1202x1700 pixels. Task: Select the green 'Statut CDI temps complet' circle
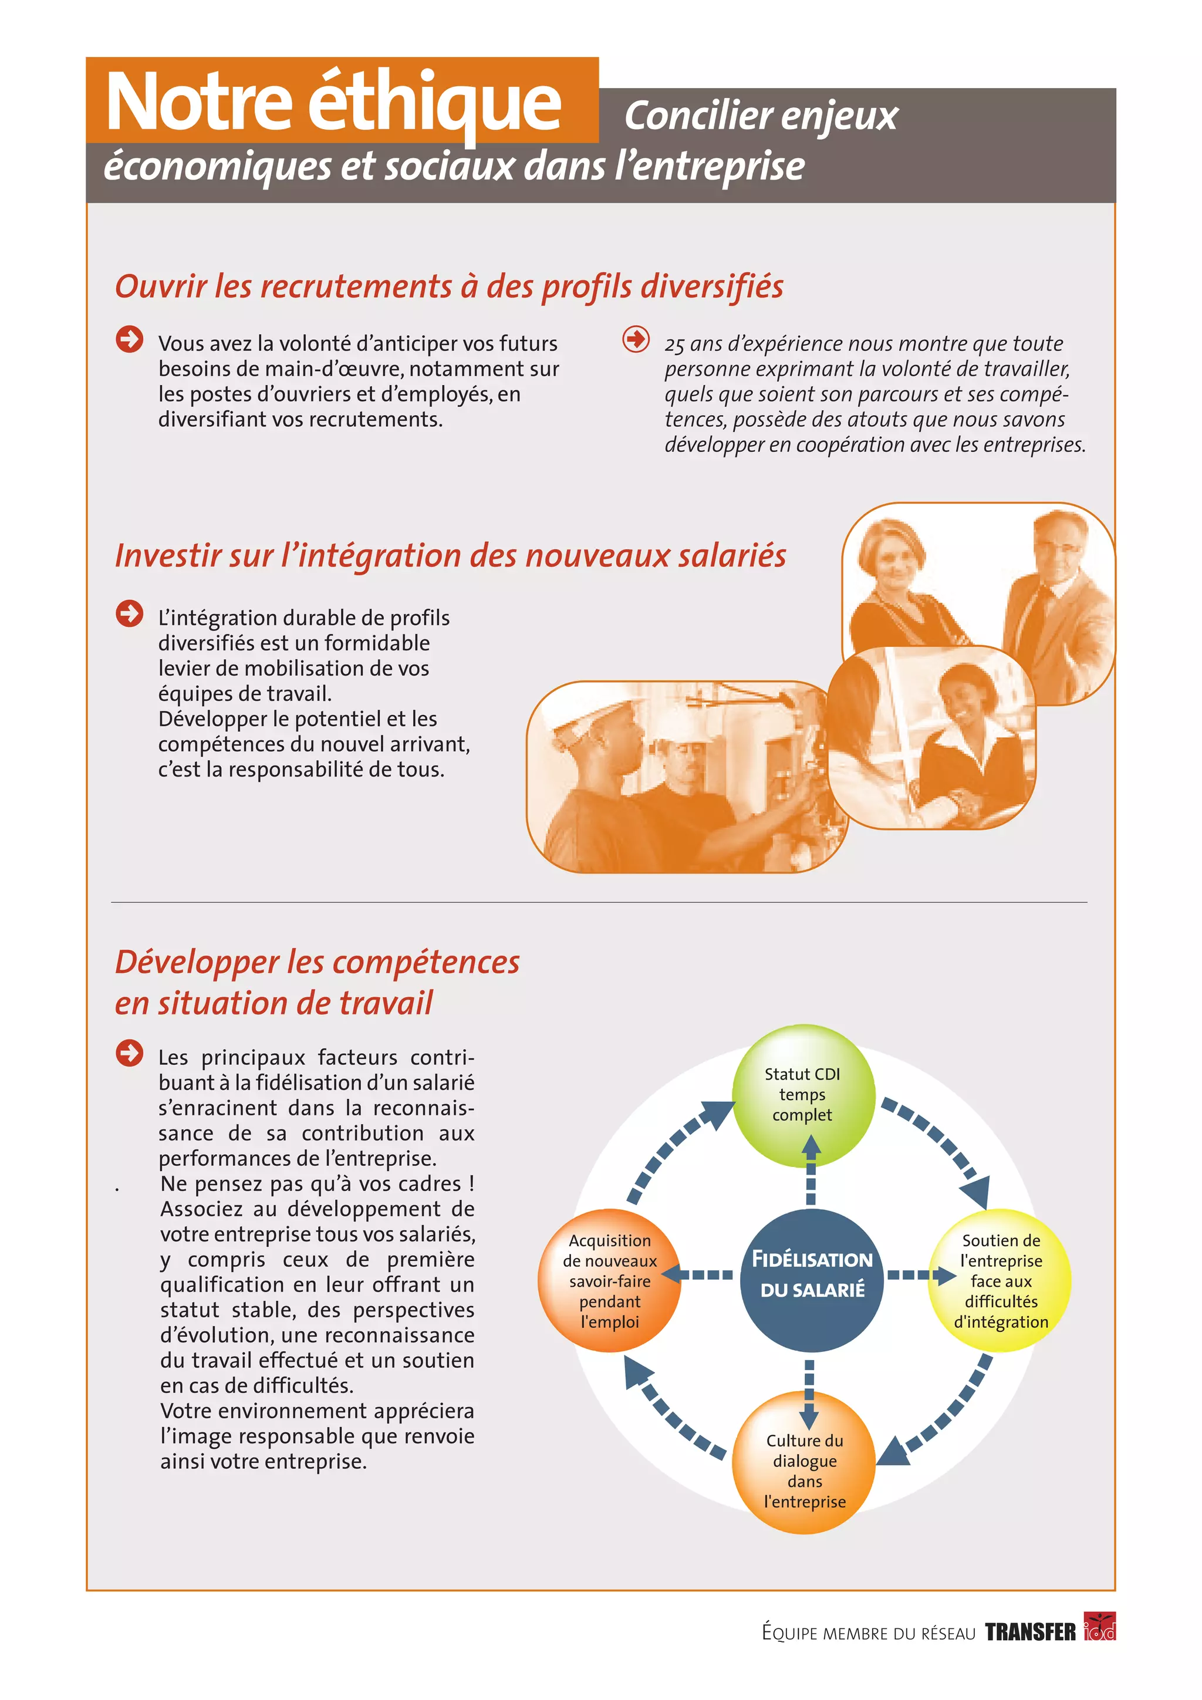pos(802,1094)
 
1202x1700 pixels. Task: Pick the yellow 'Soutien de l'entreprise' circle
pos(1000,1280)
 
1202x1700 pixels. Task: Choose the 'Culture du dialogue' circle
pos(804,1470)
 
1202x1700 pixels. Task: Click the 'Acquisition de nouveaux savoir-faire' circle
pos(609,1280)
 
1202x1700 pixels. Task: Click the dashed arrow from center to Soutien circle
pos(921,1275)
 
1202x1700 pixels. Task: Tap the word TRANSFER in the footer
pos(1029,1632)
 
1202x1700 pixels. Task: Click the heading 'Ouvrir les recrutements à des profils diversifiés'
pos(448,286)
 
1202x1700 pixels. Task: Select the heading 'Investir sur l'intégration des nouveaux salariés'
pos(450,555)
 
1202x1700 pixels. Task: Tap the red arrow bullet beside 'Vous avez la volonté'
pos(130,340)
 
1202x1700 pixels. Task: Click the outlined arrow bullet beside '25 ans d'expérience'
pos(636,340)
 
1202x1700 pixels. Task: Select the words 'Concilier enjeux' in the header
pos(761,116)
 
